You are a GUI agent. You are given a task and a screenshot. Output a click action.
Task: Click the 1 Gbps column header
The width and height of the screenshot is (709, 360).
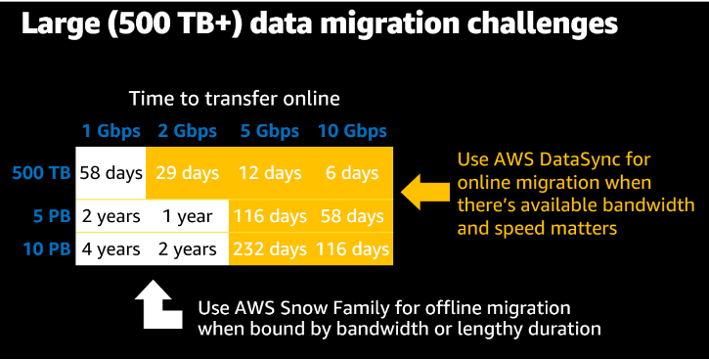pos(111,131)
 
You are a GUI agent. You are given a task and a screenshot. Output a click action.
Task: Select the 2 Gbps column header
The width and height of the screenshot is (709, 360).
pos(189,131)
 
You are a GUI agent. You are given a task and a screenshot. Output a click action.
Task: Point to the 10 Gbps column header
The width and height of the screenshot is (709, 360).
pos(351,131)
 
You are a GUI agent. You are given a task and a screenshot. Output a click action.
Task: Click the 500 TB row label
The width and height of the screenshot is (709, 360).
pos(41,173)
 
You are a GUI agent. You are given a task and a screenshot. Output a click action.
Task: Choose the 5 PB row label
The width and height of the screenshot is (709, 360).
pos(51,216)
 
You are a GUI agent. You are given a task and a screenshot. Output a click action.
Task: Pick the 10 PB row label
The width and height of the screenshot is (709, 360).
pos(47,249)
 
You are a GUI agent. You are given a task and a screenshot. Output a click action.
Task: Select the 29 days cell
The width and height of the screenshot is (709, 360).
pos(188,173)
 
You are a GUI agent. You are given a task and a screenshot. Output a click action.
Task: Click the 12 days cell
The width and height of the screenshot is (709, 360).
pos(269,173)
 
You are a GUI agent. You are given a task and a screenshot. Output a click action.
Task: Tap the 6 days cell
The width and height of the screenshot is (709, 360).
pos(351,173)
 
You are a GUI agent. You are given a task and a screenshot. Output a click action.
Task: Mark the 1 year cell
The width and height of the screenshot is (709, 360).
pos(188,216)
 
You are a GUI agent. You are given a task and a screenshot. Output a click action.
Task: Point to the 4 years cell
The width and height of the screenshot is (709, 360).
pos(111,249)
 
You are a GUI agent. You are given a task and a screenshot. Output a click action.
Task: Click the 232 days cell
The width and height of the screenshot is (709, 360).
pos(269,249)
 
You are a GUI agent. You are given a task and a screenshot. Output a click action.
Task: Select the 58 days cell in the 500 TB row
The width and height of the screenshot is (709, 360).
pos(111,173)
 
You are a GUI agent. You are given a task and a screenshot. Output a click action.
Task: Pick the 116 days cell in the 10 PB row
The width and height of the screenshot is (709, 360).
pos(351,249)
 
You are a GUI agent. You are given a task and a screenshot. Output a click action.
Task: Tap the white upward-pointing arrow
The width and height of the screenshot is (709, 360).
pos(157,304)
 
